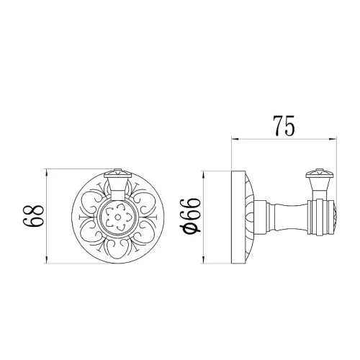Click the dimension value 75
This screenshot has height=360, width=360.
click(284, 126)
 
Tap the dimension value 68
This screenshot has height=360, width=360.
click(34, 216)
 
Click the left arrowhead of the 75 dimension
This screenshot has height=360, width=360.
click(235, 138)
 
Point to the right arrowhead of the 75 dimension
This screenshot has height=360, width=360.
click(333, 138)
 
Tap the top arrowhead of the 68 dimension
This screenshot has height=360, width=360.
click(46, 173)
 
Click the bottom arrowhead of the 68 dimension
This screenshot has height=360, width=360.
click(46, 260)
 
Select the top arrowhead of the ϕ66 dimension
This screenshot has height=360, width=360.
click(204, 174)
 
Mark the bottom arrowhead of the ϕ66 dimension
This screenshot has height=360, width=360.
click(204, 260)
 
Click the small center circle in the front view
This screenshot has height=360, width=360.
click(118, 217)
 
